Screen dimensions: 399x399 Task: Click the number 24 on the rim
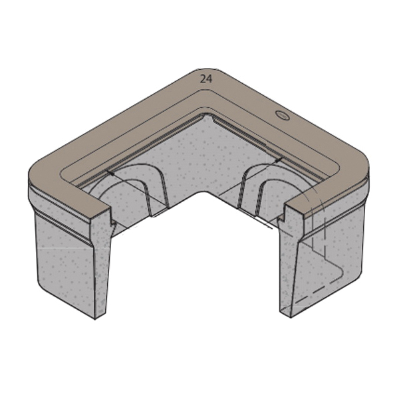206,79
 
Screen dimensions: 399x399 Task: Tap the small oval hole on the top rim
283,115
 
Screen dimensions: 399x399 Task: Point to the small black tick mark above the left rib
110,174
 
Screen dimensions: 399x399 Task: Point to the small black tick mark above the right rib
279,160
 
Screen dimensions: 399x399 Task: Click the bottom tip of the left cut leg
95,319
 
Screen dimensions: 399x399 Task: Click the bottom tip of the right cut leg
291,317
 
